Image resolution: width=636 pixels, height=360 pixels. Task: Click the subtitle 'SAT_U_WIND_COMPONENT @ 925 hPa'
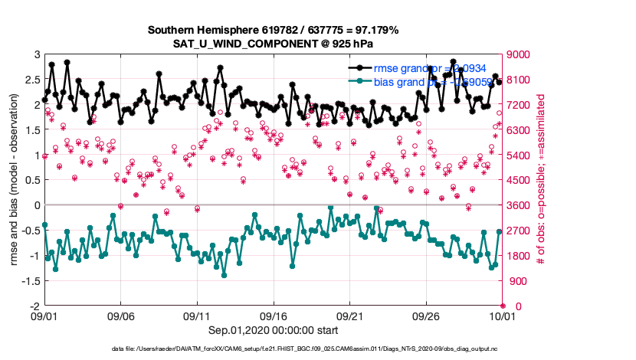[272, 43]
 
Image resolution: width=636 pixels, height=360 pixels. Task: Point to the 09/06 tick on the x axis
[120, 316]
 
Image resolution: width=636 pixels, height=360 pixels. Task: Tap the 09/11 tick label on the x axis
[197, 316]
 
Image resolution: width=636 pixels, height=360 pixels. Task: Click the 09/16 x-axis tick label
[273, 316]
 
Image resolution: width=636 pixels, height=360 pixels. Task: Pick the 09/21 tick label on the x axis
[349, 316]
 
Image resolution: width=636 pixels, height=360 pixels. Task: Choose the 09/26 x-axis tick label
[425, 316]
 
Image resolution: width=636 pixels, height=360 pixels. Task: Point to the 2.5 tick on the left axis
[31, 80]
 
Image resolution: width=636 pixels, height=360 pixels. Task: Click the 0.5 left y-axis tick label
[31, 180]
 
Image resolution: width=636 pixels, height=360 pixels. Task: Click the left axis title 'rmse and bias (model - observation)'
[15, 180]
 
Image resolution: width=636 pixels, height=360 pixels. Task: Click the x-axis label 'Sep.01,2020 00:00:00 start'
[272, 330]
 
